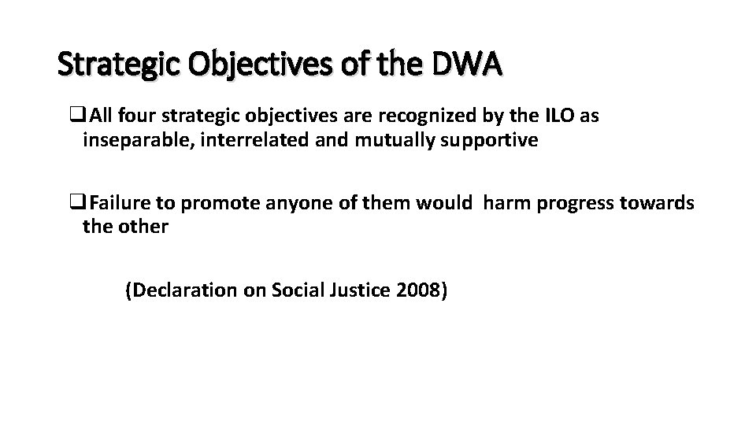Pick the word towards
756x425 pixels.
click(x=660, y=203)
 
